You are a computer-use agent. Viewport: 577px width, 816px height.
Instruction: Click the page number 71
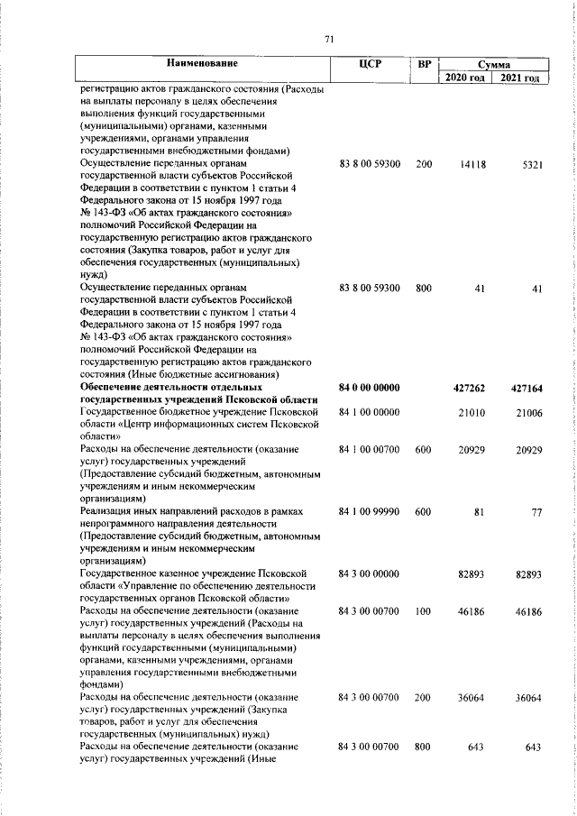[x=329, y=38]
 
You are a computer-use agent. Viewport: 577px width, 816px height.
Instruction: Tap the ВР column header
[x=424, y=64]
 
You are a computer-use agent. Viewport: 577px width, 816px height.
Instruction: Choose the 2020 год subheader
[x=465, y=78]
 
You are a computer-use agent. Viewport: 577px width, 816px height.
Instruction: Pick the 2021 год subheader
[x=521, y=78]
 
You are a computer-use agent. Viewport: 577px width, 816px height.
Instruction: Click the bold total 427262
[x=469, y=388]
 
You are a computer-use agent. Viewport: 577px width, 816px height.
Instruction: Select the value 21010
[x=472, y=412]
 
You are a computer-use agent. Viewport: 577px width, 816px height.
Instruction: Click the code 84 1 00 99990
[x=369, y=510]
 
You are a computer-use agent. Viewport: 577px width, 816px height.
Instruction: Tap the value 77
[x=536, y=510]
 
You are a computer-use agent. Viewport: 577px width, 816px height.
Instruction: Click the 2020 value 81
[x=480, y=510]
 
